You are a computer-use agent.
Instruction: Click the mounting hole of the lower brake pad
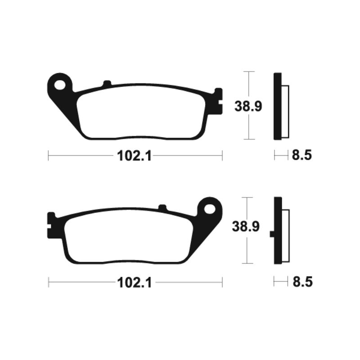(210, 209)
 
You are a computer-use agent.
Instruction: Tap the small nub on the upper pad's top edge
(107, 83)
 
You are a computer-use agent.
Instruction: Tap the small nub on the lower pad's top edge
(162, 207)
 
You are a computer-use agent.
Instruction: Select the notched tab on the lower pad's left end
(51, 225)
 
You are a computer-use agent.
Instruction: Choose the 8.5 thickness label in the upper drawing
(302, 156)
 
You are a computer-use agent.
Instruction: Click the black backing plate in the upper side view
(277, 106)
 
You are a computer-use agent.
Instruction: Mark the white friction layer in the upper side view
(284, 110)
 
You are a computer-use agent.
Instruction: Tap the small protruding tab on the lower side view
(271, 234)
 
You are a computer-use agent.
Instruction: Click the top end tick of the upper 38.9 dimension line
(248, 72)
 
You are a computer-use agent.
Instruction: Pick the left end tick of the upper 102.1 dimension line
(48, 156)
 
